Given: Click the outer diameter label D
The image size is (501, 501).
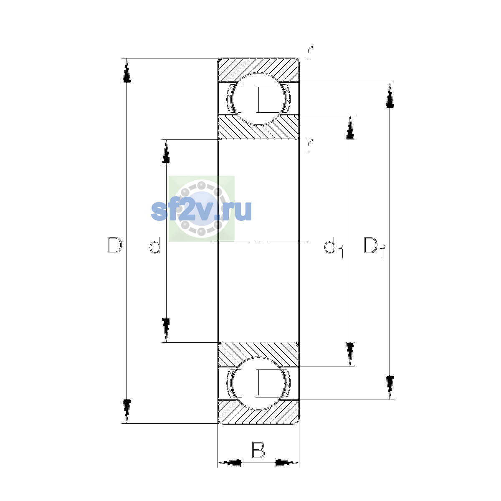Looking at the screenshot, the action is pos(115,245).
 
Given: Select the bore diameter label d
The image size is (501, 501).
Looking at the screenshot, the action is pos(155,245).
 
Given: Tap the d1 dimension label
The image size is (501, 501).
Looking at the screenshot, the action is pos(334,248).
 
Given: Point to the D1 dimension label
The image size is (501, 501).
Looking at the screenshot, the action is pos(374,248).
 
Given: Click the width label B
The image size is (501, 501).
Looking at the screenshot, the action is pos(258,450).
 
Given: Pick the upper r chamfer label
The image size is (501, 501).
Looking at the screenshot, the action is pos(309,52).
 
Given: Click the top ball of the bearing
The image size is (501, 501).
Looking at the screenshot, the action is pos(258,99).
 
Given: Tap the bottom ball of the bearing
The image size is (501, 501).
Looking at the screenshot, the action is pos(258,384).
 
